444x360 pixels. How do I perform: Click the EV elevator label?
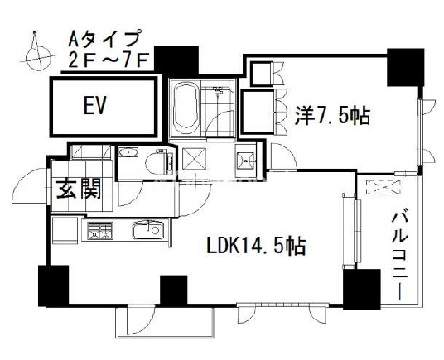coord(94,105)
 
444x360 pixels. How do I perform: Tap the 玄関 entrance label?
coord(79,190)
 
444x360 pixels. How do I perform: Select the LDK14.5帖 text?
coord(256,245)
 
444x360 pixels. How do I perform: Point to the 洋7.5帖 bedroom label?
coord(332,115)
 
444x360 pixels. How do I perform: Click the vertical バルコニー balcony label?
coord(400,256)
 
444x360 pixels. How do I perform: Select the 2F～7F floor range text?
coord(109,60)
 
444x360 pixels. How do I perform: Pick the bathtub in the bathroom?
coord(186,108)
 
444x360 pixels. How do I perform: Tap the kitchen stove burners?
coord(99,230)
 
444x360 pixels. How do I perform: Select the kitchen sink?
coord(148,229)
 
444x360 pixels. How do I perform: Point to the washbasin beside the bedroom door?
coord(246,161)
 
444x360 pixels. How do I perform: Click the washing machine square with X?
coord(194,160)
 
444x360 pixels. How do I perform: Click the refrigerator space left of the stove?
coord(65,230)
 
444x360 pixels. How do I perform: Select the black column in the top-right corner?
coord(406,67)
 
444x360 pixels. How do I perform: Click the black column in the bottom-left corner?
coord(54,286)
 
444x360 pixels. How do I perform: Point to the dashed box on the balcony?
coord(384,187)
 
